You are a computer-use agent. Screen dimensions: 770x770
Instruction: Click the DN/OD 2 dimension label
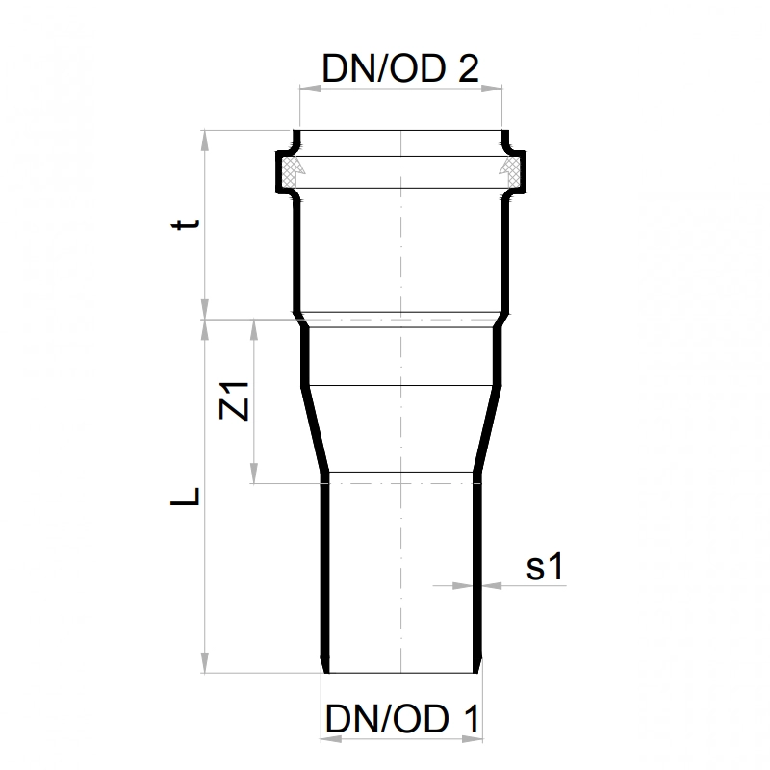point(400,68)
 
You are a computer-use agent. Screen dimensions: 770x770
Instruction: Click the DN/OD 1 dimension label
point(402,719)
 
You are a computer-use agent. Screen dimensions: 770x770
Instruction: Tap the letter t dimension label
point(186,224)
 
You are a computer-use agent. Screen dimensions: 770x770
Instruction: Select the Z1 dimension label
point(234,400)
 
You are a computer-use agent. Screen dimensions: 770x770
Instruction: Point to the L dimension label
point(185,496)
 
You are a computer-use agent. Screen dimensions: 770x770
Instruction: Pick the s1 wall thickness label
point(545,566)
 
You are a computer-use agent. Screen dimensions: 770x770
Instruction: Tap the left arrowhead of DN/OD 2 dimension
point(310,89)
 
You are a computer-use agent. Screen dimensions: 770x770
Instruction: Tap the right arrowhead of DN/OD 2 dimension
point(492,89)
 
